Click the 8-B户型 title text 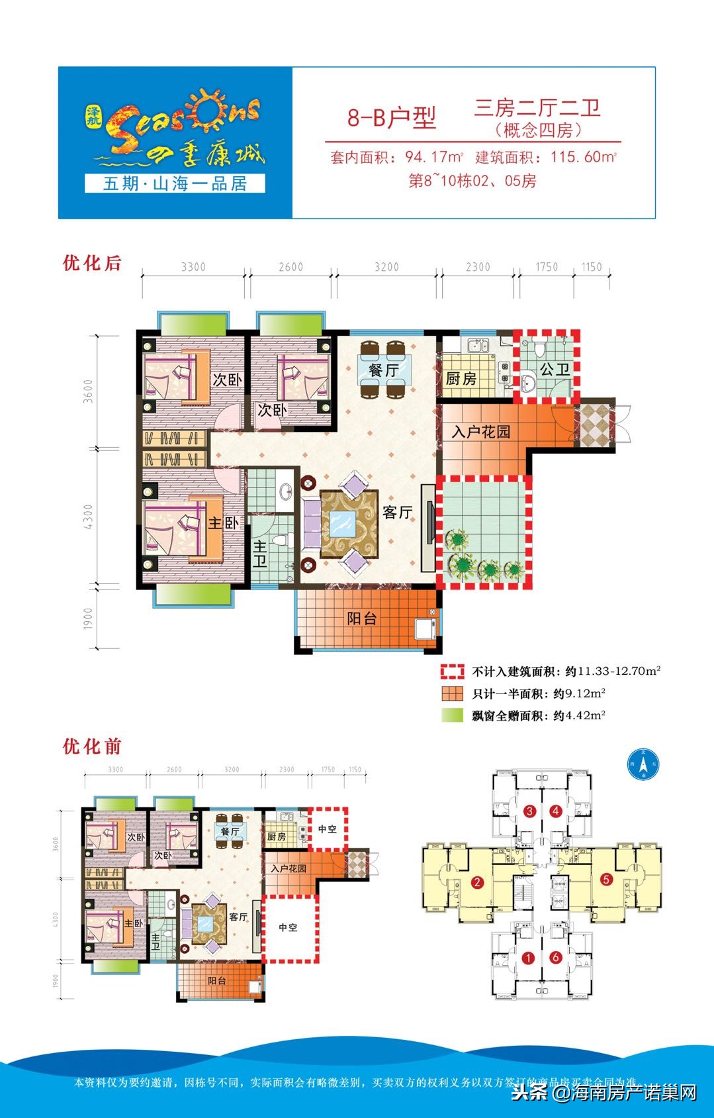click(392, 118)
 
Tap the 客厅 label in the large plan click(397, 512)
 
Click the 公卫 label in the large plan click(555, 369)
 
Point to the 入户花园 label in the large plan click(481, 432)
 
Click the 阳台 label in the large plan click(362, 619)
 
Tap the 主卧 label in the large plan click(223, 523)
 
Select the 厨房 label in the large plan click(461, 378)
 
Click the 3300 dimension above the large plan click(193, 267)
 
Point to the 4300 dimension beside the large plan click(89, 517)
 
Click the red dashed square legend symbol click(453, 672)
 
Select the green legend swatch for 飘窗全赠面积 click(453, 715)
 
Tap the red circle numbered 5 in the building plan click(605, 880)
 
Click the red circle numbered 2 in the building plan click(476, 882)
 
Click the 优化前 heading click(92, 746)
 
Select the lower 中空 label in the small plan click(288, 927)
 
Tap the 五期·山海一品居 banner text click(175, 183)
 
